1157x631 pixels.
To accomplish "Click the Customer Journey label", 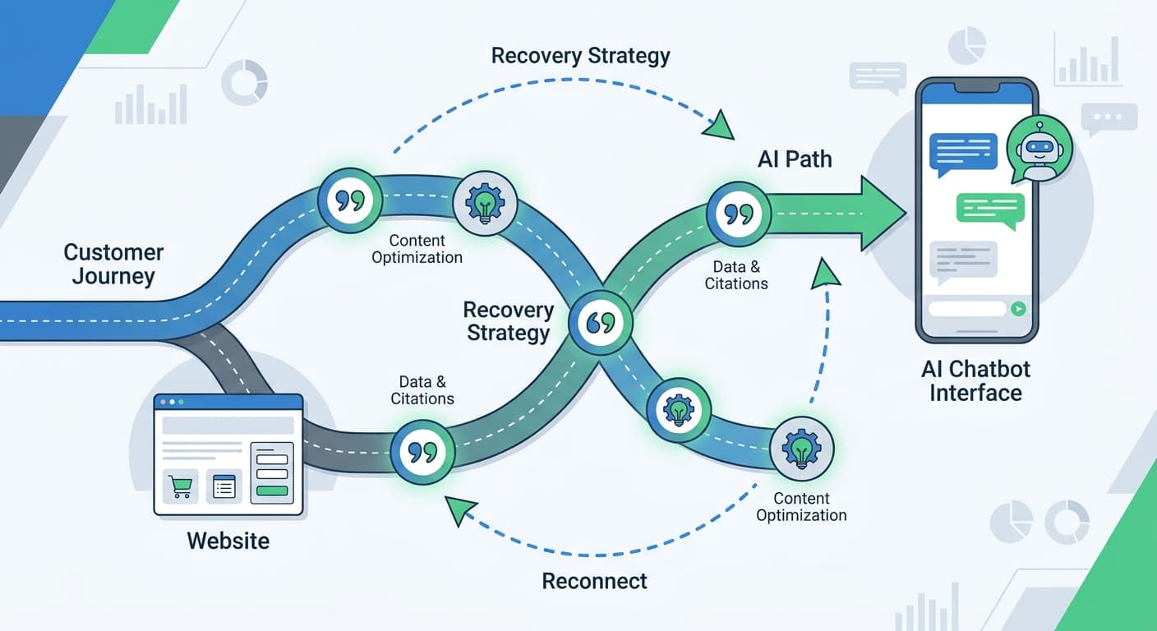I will pyautogui.click(x=113, y=264).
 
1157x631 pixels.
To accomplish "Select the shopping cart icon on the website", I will pyautogui.click(x=178, y=487).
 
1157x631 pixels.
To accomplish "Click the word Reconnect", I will pyautogui.click(x=594, y=581).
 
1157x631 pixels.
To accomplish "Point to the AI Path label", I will pyautogui.click(x=794, y=159).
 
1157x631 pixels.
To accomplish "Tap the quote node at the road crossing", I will pyautogui.click(x=602, y=322).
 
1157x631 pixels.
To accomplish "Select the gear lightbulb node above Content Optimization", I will pyautogui.click(x=485, y=203).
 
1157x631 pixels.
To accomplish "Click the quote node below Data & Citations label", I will pyautogui.click(x=422, y=451).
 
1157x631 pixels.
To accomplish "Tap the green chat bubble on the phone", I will pyautogui.click(x=990, y=209).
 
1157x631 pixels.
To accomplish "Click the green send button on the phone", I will pyautogui.click(x=1019, y=309).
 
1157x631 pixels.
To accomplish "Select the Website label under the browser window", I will pyautogui.click(x=228, y=541).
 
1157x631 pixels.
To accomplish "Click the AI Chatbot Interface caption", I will pyautogui.click(x=975, y=380).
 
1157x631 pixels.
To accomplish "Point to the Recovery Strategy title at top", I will pyautogui.click(x=580, y=56).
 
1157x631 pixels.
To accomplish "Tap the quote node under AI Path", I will pyautogui.click(x=739, y=214).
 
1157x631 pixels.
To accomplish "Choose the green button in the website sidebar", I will pyautogui.click(x=273, y=491).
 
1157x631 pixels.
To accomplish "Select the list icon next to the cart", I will pyautogui.click(x=224, y=487).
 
